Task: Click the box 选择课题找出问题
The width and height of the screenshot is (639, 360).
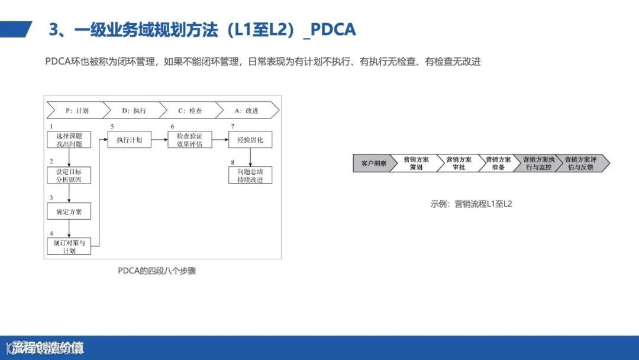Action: tap(69, 140)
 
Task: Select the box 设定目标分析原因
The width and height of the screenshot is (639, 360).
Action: tap(69, 175)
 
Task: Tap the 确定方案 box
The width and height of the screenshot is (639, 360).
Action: tap(69, 211)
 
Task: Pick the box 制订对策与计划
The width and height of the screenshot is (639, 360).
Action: tap(69, 246)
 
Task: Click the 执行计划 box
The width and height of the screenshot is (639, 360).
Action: tap(129, 140)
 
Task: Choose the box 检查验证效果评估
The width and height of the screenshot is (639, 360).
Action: tap(185, 140)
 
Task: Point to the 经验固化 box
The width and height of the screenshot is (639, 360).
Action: tap(250, 140)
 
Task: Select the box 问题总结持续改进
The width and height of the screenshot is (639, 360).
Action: tap(250, 175)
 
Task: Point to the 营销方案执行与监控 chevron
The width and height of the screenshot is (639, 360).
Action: tap(537, 163)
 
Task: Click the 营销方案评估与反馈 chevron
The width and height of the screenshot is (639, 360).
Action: tap(580, 163)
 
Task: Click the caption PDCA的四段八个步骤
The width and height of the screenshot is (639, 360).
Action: tap(157, 271)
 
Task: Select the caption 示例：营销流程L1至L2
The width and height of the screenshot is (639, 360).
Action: tap(471, 204)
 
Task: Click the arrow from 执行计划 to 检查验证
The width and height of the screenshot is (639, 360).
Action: tap(156, 140)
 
